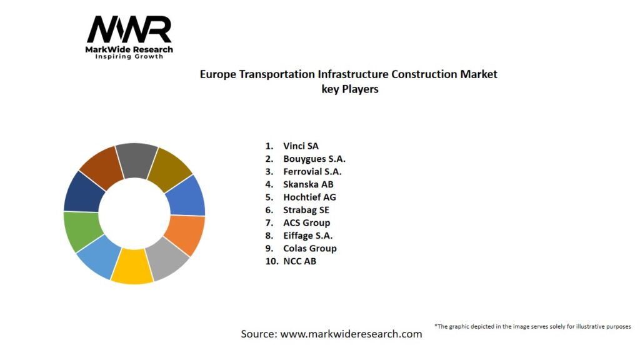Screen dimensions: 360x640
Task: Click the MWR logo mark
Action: pyautogui.click(x=129, y=29)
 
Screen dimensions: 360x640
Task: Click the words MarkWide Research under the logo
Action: pyautogui.click(x=129, y=49)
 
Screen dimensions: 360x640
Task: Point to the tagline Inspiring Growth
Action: pyautogui.click(x=129, y=57)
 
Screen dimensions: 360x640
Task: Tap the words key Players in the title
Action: pyautogui.click(x=349, y=89)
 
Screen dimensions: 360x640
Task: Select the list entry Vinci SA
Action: pyautogui.click(x=301, y=146)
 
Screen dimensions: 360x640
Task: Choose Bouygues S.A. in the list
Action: pyautogui.click(x=314, y=159)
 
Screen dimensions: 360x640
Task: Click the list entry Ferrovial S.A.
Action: pyautogui.click(x=312, y=172)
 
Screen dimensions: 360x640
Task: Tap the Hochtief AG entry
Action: pyautogui.click(x=309, y=197)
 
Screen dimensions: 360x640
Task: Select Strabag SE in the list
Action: pyautogui.click(x=306, y=210)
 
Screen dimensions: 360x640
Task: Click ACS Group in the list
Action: pyautogui.click(x=306, y=222)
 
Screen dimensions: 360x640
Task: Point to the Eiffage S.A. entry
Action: pyautogui.click(x=307, y=236)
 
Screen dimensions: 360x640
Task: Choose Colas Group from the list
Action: pyautogui.click(x=309, y=248)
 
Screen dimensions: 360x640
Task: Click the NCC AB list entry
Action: pyautogui.click(x=299, y=261)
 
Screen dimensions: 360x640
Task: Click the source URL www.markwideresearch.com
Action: pyautogui.click(x=351, y=334)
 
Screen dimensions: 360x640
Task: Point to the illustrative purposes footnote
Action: pyautogui.click(x=532, y=326)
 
